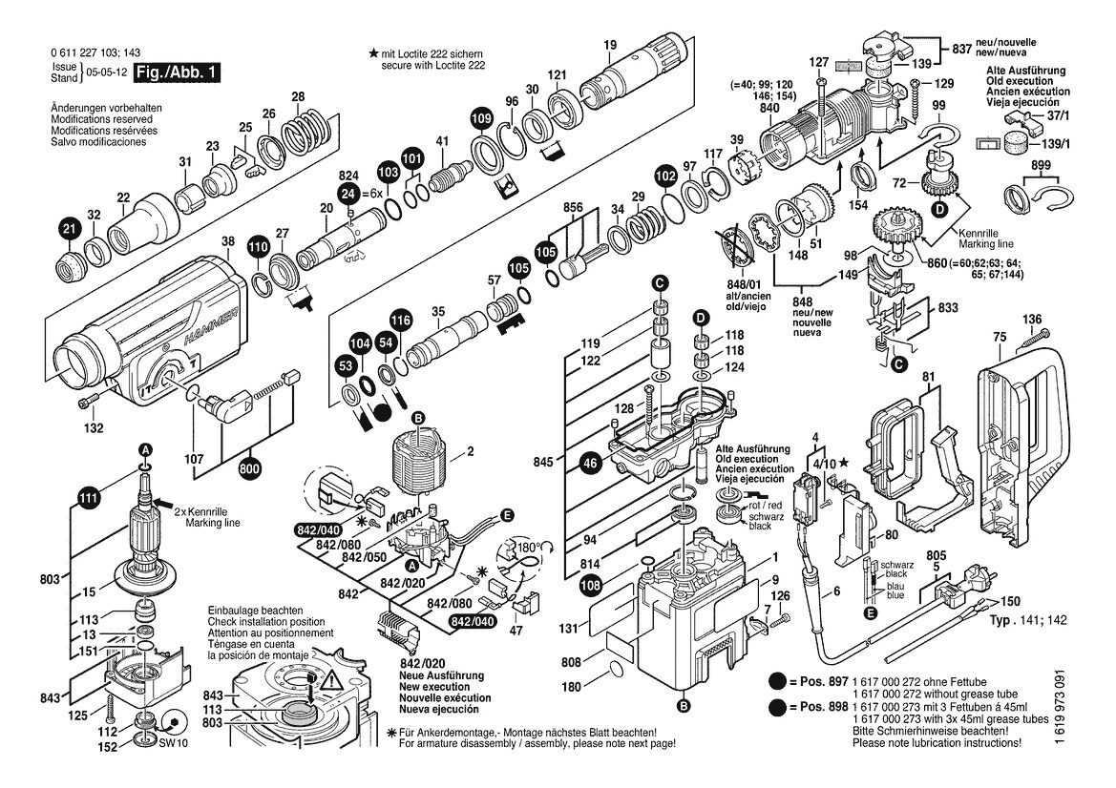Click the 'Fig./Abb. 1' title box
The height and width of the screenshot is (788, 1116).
coord(177,73)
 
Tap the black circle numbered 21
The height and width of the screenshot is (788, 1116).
coord(69,229)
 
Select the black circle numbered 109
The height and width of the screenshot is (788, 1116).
coord(482,117)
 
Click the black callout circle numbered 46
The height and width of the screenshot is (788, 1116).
coord(591,464)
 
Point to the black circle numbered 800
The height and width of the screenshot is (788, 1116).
coord(250,469)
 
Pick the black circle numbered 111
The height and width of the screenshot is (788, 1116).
coord(88,499)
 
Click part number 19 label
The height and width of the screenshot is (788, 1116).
coord(609,46)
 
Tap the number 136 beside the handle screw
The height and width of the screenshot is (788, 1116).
coord(1031,320)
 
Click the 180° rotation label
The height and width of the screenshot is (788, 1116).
coord(528,549)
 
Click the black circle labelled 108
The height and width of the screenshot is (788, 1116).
coord(591,586)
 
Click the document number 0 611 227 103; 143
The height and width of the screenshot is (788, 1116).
coord(95,52)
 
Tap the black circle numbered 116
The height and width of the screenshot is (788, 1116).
coord(401,321)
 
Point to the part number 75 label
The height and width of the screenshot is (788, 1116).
coord(1000,337)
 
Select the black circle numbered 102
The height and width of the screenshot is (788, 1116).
coord(665,176)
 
